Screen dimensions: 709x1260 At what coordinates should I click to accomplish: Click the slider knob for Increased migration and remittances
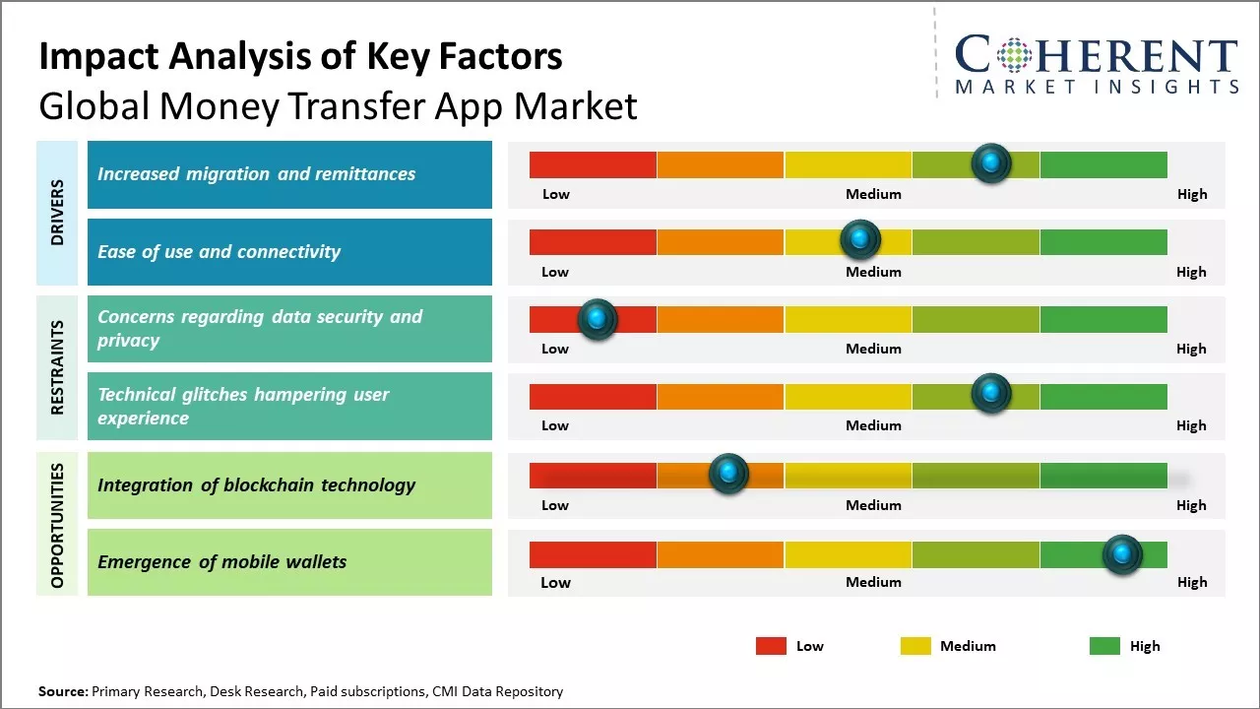(991, 162)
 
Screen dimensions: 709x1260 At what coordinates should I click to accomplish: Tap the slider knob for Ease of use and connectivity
(860, 238)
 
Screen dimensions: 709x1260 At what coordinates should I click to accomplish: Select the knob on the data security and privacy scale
(597, 318)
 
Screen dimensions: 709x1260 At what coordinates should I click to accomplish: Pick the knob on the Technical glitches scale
(991, 394)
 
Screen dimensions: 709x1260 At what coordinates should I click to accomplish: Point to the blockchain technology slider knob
(728, 474)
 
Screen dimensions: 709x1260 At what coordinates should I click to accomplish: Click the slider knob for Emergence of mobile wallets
(1122, 553)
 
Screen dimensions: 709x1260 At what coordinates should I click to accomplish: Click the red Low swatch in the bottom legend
(771, 646)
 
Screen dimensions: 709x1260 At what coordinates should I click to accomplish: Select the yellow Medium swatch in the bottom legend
(915, 646)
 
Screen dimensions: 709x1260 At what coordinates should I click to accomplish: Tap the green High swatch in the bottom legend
(1104, 646)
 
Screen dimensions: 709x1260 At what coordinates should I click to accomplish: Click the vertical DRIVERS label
(57, 212)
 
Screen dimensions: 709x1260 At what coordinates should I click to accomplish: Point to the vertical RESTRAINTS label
(57, 366)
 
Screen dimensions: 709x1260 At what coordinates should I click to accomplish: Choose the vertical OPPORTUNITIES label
(57, 526)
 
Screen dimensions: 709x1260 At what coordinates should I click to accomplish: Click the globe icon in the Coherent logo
(1012, 56)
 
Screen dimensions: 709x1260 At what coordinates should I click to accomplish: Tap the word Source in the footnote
(62, 691)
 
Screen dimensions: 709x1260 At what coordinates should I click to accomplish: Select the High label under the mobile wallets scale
(1191, 582)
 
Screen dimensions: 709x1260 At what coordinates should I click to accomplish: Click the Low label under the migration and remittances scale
(556, 194)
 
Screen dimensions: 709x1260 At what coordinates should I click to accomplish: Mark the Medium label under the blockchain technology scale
(873, 505)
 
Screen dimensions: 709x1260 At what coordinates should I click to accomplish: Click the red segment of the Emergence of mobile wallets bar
(593, 554)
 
